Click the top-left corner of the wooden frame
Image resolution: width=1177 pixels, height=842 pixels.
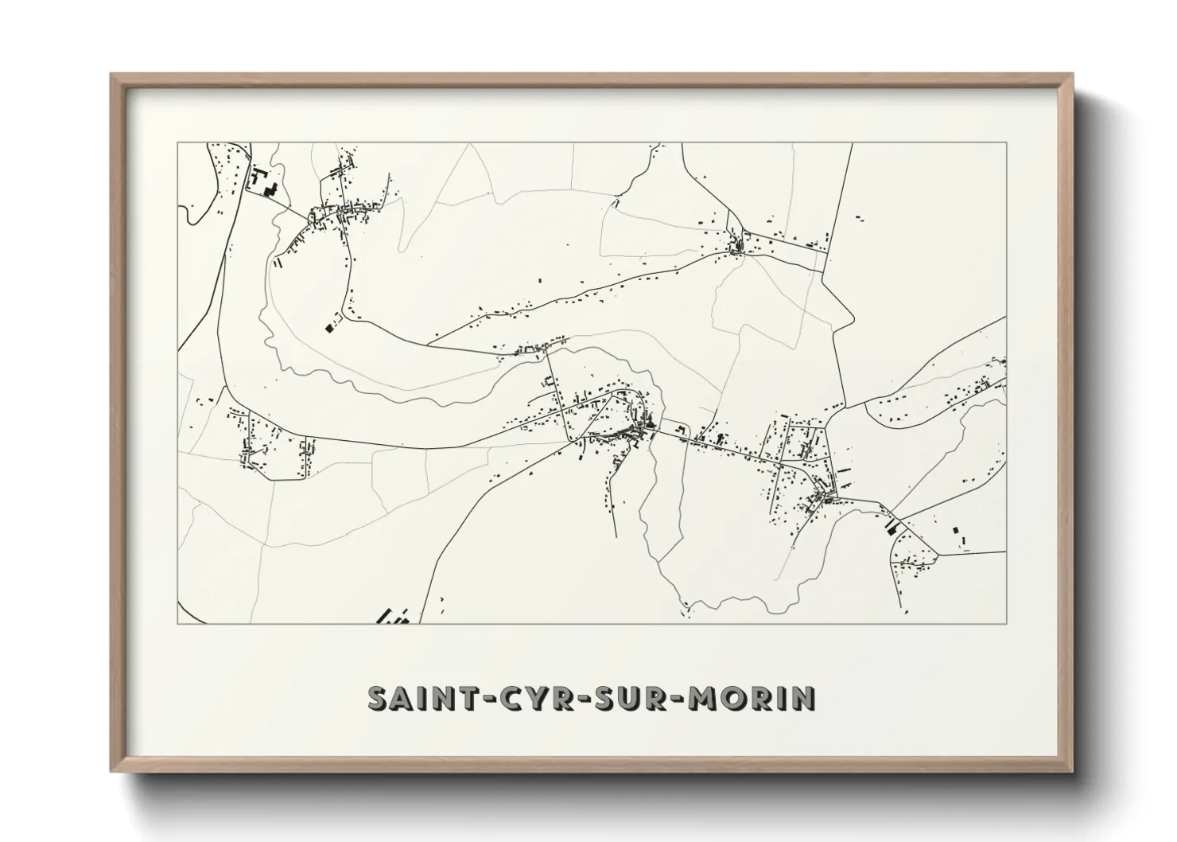click(111, 75)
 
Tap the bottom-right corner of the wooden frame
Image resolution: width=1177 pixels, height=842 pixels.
click(1073, 772)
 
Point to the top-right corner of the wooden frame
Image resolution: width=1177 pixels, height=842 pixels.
click(1073, 75)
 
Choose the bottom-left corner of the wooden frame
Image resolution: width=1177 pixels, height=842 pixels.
click(111, 772)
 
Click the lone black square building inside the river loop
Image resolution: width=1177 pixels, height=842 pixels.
click(328, 326)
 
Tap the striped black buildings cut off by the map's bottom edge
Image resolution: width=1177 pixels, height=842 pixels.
click(392, 616)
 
